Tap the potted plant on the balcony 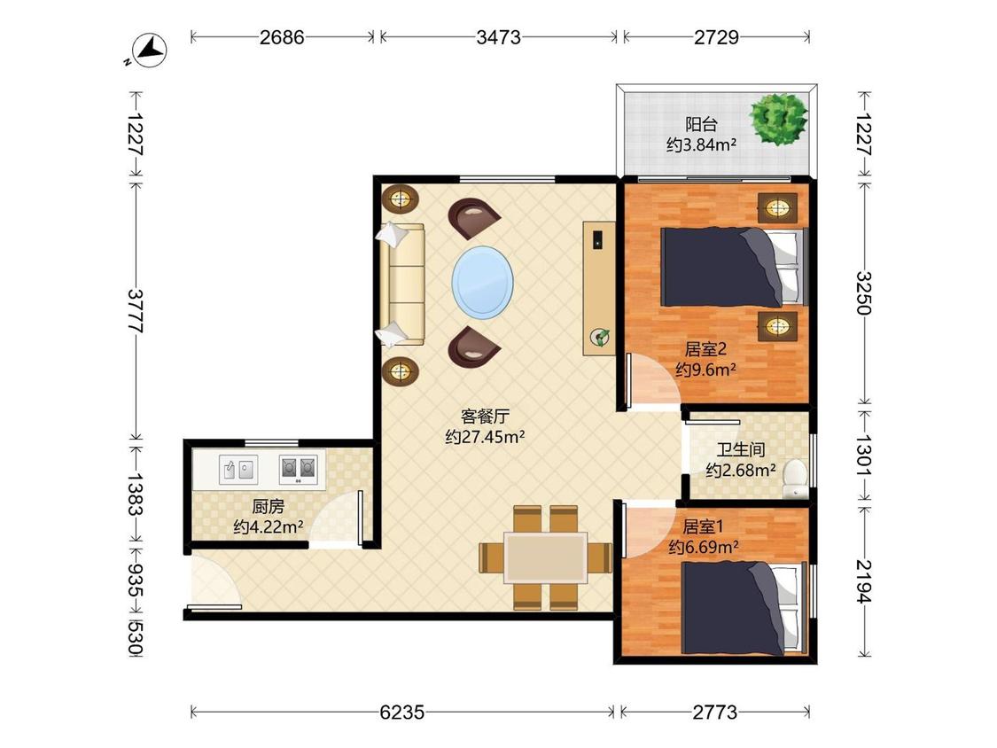pos(778,118)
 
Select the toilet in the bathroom pos(795,479)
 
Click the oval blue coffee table pos(483,283)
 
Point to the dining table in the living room pos(546,557)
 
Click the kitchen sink pos(238,470)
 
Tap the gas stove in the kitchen pos(298,470)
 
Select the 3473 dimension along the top pos(498,37)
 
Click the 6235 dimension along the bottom pos(401,712)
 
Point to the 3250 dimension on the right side pos(863,292)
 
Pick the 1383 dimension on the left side pos(136,493)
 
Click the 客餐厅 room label pos(485,417)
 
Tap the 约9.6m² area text pos(705,370)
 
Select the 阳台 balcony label pos(701,124)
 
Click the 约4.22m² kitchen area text pos(268,527)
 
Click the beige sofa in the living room pos(401,285)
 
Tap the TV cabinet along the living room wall pos(599,288)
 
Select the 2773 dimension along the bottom pos(715,712)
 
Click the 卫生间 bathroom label pos(741,449)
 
